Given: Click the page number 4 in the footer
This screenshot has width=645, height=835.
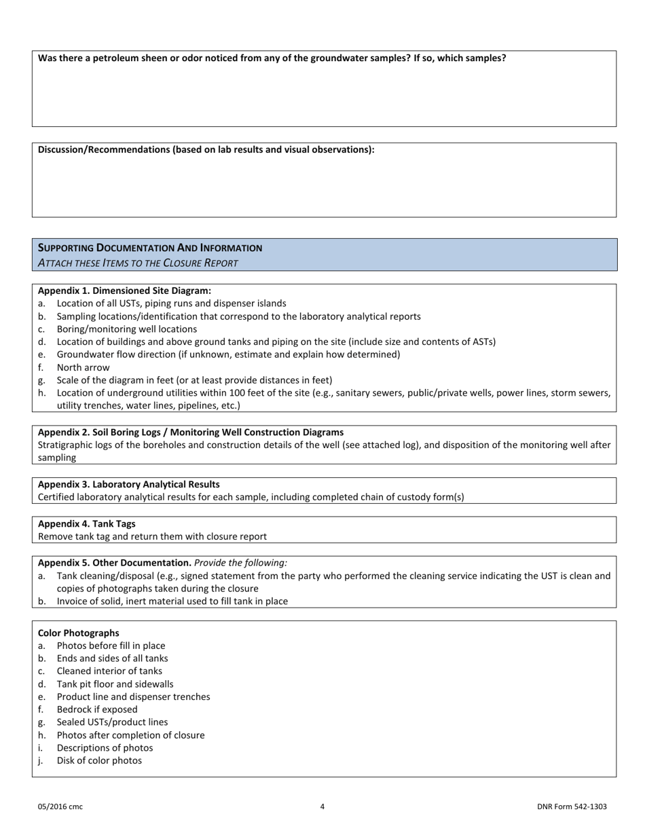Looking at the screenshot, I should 322,806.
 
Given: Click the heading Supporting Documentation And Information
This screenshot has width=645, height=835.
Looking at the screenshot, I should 150,248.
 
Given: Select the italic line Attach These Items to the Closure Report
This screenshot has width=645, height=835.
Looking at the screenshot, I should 138,263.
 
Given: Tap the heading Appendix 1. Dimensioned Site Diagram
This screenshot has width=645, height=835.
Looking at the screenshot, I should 124,291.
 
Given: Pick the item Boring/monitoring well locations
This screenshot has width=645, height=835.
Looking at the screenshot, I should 127,329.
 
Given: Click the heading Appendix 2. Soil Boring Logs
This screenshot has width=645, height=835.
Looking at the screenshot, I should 190,432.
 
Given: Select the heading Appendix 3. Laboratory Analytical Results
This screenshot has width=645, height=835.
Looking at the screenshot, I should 128,484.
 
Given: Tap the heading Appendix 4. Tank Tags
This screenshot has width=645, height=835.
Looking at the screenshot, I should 86,523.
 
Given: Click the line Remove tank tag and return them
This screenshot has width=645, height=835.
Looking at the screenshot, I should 152,536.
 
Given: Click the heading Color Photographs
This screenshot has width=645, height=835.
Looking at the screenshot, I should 78,633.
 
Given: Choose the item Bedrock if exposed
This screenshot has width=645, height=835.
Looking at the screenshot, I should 97,709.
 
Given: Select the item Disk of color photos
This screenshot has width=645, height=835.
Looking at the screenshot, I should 99,760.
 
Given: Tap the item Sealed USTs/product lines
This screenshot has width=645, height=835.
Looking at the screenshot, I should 112,722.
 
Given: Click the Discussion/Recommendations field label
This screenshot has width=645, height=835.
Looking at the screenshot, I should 206,149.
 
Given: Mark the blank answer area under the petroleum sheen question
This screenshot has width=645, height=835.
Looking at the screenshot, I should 324,95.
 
